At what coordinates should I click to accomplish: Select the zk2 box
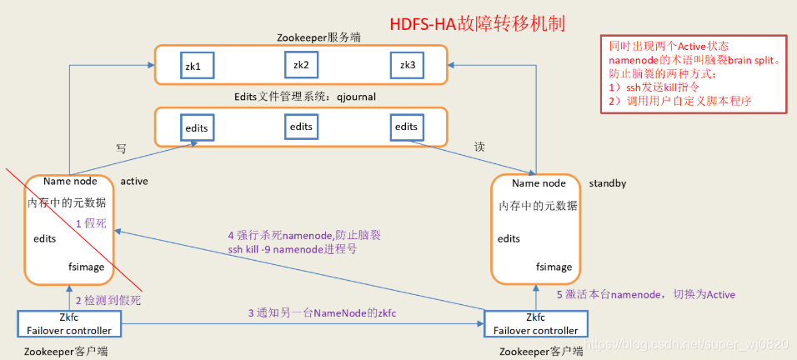coord(301,64)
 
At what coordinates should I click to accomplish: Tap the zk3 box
coord(407,65)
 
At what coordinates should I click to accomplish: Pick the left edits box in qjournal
coord(197,127)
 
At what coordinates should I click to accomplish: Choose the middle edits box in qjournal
coord(301,127)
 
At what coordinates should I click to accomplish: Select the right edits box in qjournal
coord(407,127)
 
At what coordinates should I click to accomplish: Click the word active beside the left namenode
coord(134,181)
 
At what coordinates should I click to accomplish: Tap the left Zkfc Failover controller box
coord(70,323)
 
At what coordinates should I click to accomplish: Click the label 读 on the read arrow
coord(479,147)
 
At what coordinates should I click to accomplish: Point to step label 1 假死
coord(91,223)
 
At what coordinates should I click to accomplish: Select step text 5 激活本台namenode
coord(645,295)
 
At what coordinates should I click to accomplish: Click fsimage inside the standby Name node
coord(554,267)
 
